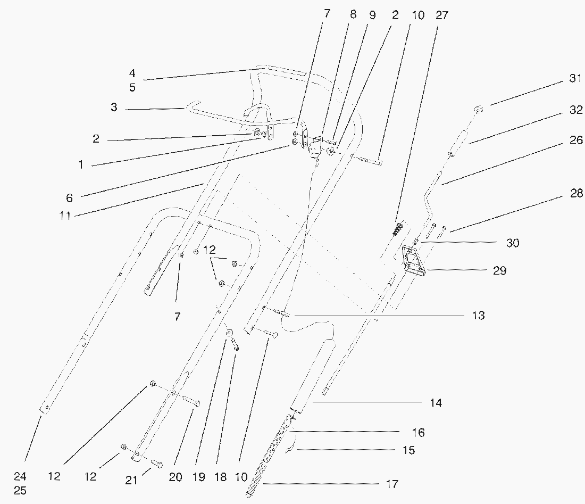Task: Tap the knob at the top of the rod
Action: click(x=479, y=110)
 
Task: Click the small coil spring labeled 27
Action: click(x=396, y=230)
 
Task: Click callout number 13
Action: click(x=478, y=316)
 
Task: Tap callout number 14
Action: click(x=436, y=403)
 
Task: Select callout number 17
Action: click(x=392, y=484)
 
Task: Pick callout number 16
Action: click(x=419, y=432)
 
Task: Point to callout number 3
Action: click(x=114, y=107)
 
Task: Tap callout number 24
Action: click(x=20, y=476)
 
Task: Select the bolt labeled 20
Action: click(x=191, y=401)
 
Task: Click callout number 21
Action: click(x=131, y=481)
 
